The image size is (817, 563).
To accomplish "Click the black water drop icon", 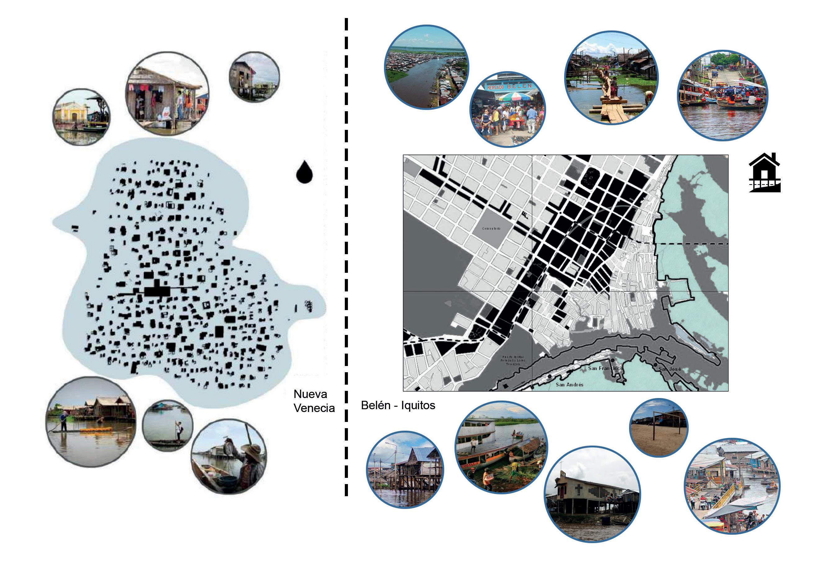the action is [x=304, y=172].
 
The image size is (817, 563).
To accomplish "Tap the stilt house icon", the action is [x=765, y=172].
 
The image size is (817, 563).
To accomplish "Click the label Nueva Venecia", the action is [x=313, y=401].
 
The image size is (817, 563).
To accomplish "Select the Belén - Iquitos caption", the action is [x=398, y=405].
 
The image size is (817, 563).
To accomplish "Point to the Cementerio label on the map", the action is [x=491, y=229].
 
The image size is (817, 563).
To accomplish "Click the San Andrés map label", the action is [x=569, y=385].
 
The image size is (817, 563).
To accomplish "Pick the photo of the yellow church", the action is [x=82, y=117].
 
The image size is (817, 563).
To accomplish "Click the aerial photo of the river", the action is [x=426, y=67].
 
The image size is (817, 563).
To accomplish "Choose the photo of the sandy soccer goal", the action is [x=658, y=428].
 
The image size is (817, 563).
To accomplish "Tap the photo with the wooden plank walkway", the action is [x=611, y=78].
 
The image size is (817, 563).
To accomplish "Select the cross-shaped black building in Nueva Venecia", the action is [x=157, y=290].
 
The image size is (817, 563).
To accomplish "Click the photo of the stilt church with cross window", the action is [x=592, y=494].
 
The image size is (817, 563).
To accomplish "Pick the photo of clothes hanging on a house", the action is [x=167, y=94].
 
